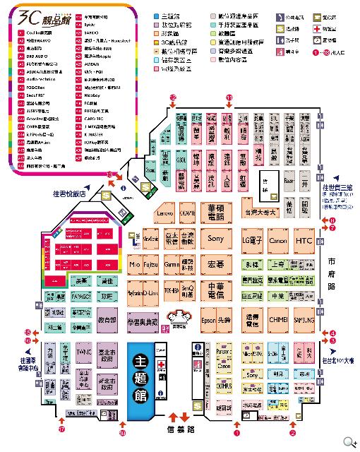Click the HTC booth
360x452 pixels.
(x=304, y=241)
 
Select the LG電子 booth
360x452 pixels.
(x=252, y=241)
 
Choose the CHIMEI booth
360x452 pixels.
(x=277, y=319)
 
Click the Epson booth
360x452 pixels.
(x=208, y=319)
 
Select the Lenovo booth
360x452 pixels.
(x=164, y=211)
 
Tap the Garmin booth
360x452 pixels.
(x=172, y=265)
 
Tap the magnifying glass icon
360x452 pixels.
(x=348, y=441)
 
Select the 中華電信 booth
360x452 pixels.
(x=215, y=291)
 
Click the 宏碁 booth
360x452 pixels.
(x=215, y=265)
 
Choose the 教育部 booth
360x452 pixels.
(x=107, y=321)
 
